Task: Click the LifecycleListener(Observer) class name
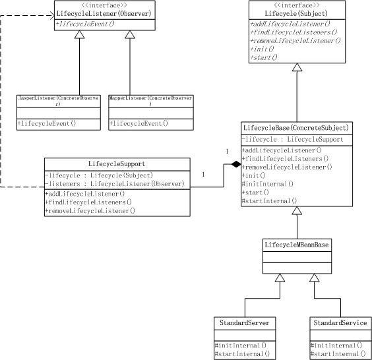(x=104, y=14)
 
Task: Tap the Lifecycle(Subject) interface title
(x=296, y=14)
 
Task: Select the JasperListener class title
(x=58, y=101)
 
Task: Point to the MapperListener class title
(x=150, y=101)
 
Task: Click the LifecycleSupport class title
(x=117, y=164)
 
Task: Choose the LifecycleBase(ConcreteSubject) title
(x=296, y=128)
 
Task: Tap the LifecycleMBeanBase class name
(x=297, y=245)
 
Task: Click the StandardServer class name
(x=244, y=323)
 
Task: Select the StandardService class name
(x=340, y=323)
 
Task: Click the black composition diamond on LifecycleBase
(x=236, y=164)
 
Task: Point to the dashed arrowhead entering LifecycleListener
(x=51, y=16)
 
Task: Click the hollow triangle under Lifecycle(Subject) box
(x=297, y=67)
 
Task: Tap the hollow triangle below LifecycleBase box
(x=297, y=210)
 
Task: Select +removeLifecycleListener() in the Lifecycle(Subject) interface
(x=295, y=41)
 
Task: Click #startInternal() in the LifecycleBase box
(x=269, y=201)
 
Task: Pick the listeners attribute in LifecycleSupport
(x=114, y=184)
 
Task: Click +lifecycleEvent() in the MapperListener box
(x=139, y=123)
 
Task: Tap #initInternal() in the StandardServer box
(x=241, y=345)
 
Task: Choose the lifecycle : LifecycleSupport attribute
(x=292, y=139)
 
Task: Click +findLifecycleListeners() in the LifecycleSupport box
(x=88, y=202)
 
